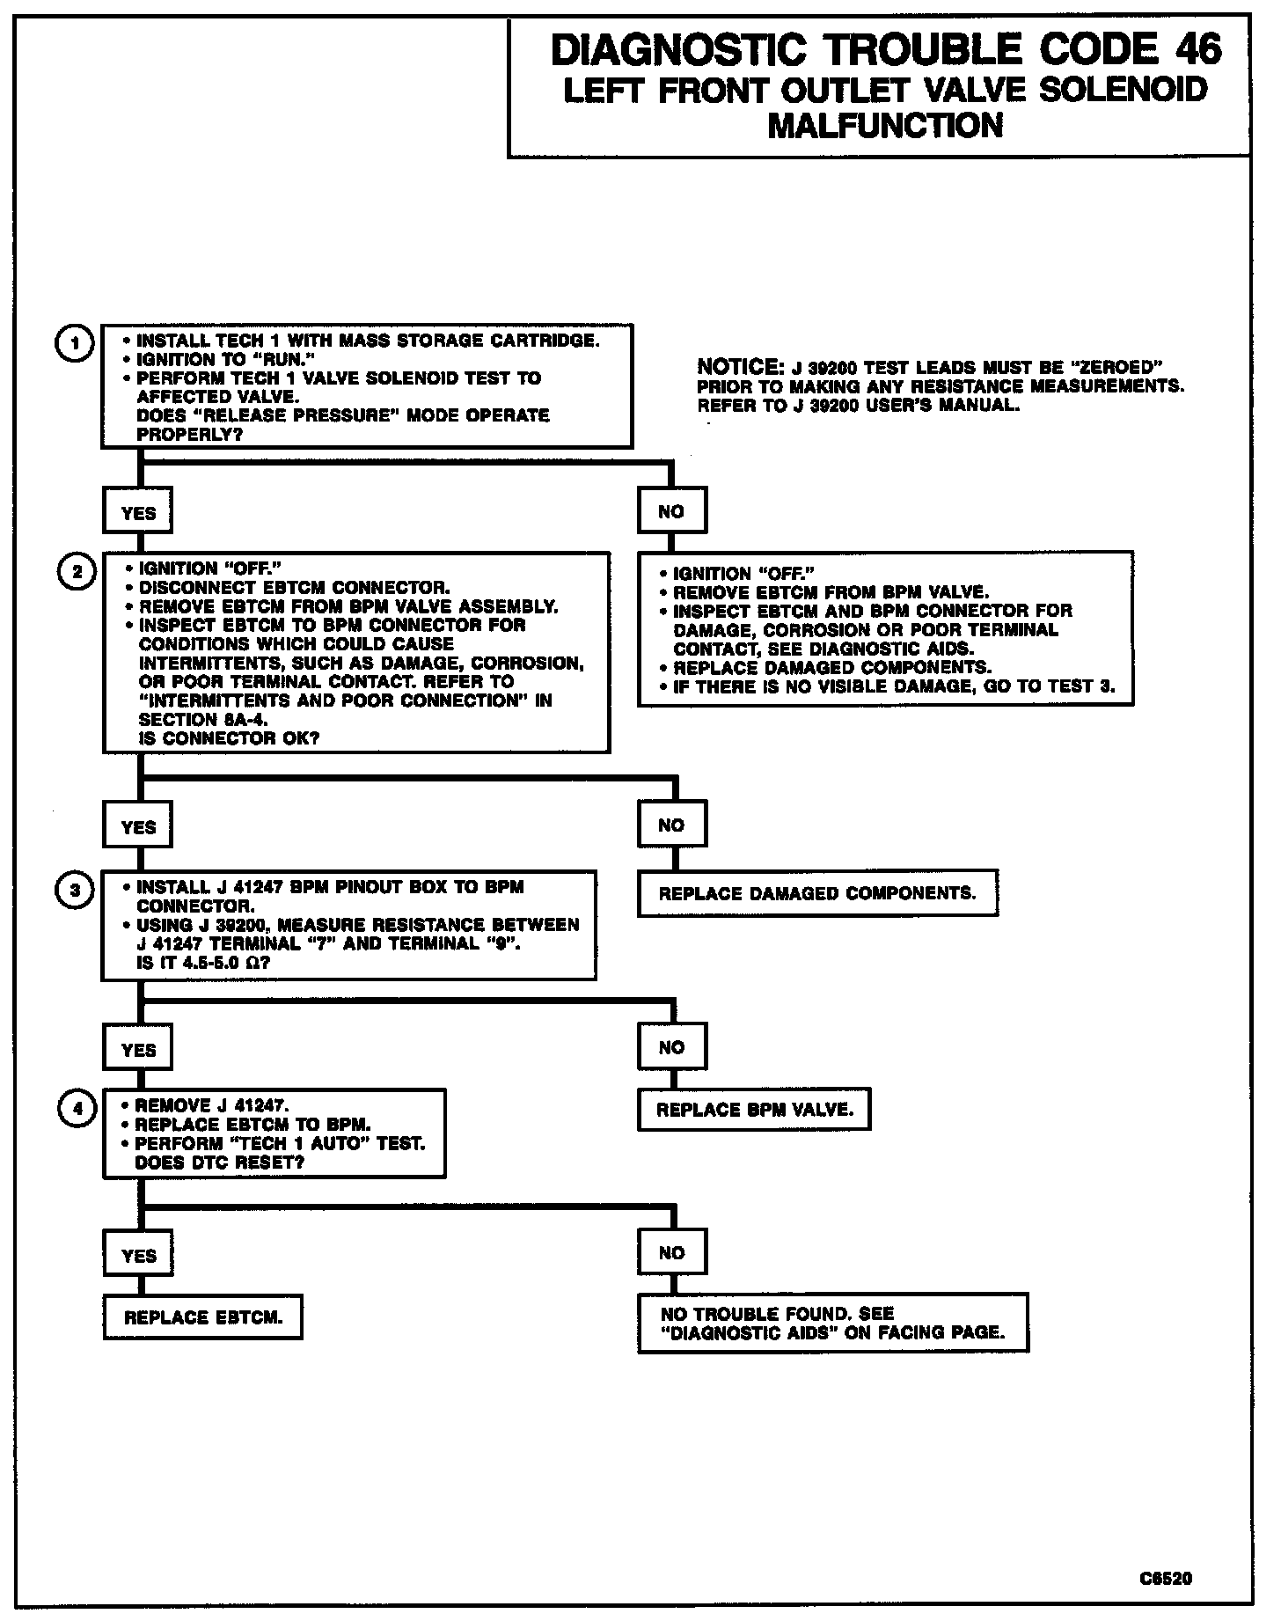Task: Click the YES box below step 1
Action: (138, 512)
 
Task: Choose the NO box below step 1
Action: (671, 511)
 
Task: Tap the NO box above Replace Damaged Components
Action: (671, 825)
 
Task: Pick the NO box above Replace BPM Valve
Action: (671, 1047)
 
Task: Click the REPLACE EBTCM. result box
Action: (203, 1317)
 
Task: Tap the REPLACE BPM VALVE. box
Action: (754, 1110)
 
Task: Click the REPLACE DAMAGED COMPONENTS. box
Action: (817, 893)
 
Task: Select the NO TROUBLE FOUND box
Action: (832, 1323)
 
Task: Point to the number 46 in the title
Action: (1197, 50)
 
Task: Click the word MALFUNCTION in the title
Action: (885, 125)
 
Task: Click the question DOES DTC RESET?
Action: (220, 1163)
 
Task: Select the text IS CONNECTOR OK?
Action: (230, 738)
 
